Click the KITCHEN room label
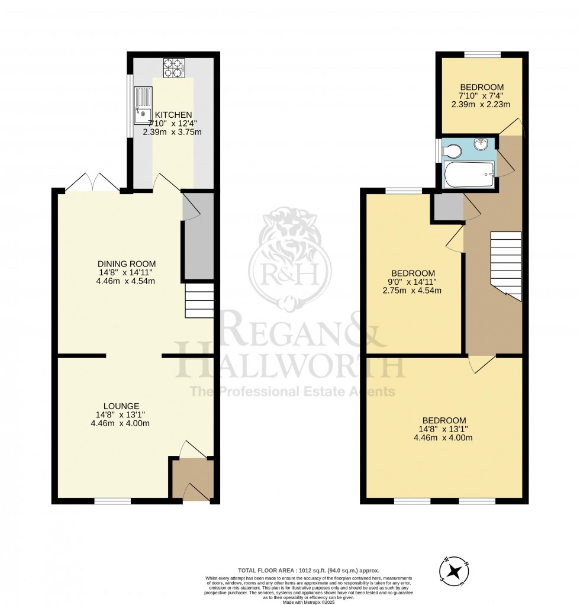click(x=173, y=115)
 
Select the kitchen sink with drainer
click(x=143, y=106)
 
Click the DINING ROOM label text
click(x=127, y=263)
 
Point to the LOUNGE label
click(x=121, y=406)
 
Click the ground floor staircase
click(x=199, y=300)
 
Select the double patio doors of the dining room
click(x=91, y=183)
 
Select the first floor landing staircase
click(x=506, y=265)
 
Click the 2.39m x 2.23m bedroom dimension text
click(x=481, y=104)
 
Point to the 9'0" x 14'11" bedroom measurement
click(x=413, y=282)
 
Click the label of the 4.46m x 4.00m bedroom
click(x=443, y=420)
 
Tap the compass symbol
click(x=455, y=571)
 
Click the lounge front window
click(x=112, y=501)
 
